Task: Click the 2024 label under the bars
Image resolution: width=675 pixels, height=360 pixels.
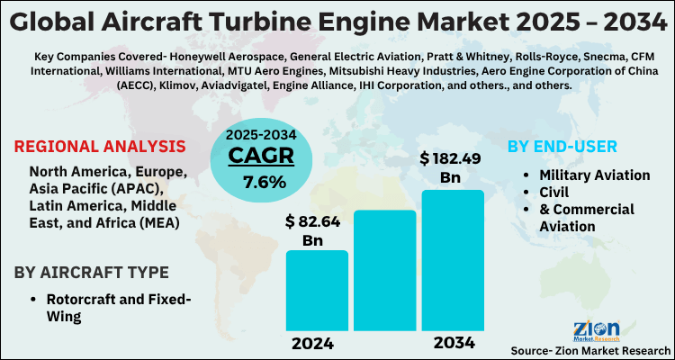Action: pyautogui.click(x=312, y=343)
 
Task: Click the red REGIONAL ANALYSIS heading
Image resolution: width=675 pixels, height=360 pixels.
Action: pyautogui.click(x=101, y=147)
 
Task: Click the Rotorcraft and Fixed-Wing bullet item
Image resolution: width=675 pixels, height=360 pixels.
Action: pyautogui.click(x=113, y=307)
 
